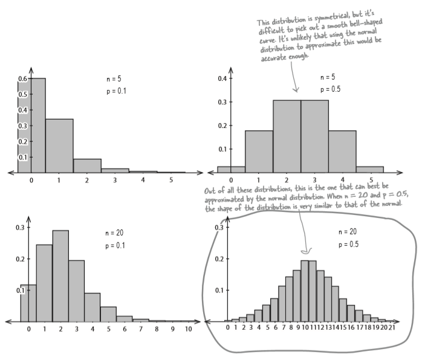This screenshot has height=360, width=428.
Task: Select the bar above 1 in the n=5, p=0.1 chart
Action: pyautogui.click(x=59, y=146)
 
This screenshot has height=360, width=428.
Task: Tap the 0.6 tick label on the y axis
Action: pyautogui.click(x=22, y=79)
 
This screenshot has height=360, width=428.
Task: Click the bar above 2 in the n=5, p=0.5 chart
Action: pyautogui.click(x=286, y=137)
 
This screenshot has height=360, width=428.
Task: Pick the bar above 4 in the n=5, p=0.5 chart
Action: pyautogui.click(x=342, y=152)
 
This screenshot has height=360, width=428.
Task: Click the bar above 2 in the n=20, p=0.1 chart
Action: pyautogui.click(x=60, y=275)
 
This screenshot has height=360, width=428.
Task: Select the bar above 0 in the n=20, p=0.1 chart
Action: pyautogui.click(x=28, y=302)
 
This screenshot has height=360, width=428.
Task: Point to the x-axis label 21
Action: pyautogui.click(x=393, y=328)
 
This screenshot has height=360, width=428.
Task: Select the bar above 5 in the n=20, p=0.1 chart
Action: pyautogui.click(x=108, y=313)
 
